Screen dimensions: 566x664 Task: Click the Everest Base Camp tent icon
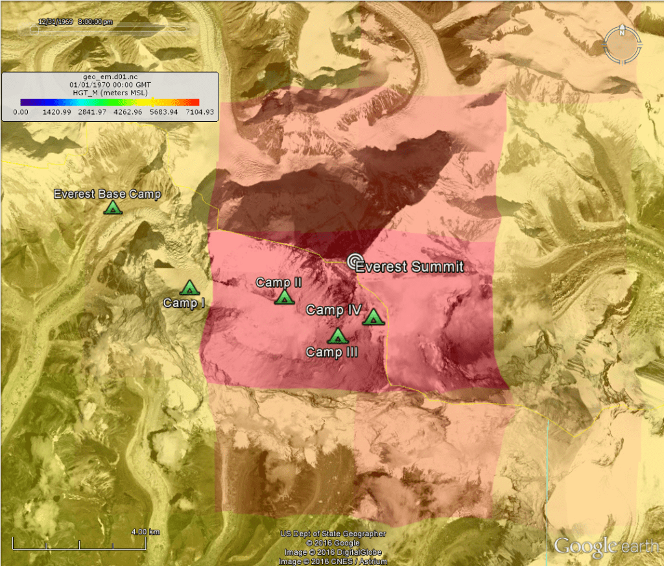tap(113, 207)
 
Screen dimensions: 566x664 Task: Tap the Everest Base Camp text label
tap(107, 194)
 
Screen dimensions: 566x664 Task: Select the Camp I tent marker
tap(189, 287)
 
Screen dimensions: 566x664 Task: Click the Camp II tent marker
tap(283, 297)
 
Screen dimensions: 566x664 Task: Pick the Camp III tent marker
tap(337, 336)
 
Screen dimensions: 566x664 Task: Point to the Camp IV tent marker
tap(373, 317)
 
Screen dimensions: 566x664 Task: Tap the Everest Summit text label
tap(410, 266)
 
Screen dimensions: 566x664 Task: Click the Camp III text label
tap(332, 352)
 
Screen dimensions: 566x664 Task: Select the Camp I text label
tap(184, 303)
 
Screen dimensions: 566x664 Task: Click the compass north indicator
tap(622, 32)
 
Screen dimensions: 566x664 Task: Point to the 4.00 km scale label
tap(145, 532)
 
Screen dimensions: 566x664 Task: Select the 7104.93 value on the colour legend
tap(200, 112)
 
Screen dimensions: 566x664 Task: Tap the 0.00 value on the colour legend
tap(21, 112)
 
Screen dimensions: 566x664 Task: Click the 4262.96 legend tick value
tap(128, 112)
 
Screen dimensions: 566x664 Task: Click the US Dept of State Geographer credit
tap(333, 534)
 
